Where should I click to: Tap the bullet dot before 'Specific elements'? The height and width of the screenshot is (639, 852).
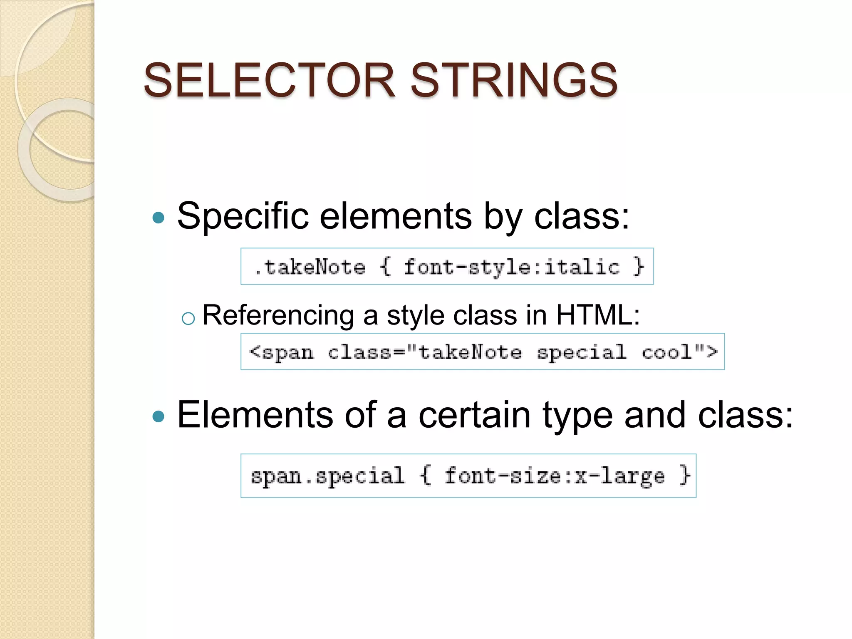tap(159, 217)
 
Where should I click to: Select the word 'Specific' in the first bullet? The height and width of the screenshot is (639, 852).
tap(243, 216)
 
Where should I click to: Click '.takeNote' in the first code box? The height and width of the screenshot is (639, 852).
tap(310, 267)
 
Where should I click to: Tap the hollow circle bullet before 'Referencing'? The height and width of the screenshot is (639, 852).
tap(188, 319)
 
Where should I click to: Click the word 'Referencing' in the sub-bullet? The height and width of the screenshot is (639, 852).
tap(278, 315)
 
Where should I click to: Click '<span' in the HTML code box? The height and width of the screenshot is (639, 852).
tap(282, 353)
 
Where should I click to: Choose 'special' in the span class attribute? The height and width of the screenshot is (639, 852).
tap(582, 353)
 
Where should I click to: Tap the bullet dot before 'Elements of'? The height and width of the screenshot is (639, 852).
tap(159, 416)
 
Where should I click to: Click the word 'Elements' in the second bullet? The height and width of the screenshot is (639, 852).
tap(255, 415)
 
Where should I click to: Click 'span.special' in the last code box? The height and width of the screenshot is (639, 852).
tap(327, 476)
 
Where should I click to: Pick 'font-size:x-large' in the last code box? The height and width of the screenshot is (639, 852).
tap(555, 476)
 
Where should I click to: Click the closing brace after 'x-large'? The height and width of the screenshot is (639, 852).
tap(684, 475)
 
